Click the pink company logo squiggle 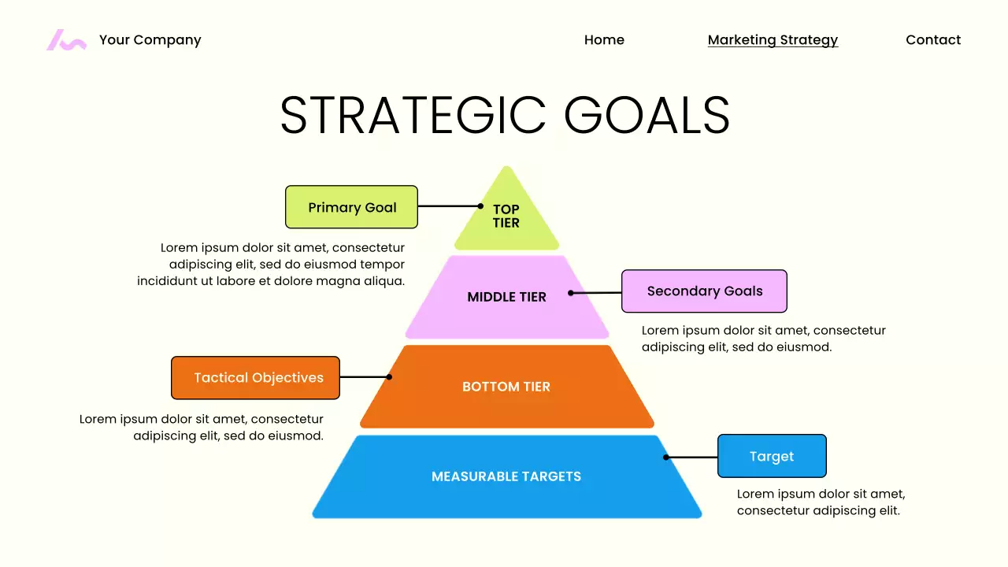coord(66,40)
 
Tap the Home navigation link coord(604,40)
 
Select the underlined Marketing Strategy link coord(773,40)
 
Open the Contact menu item coord(933,40)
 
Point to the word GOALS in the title coord(647,116)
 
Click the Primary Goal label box coord(351,207)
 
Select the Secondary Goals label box coord(704,291)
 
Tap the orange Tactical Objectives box coord(255,378)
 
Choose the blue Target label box coord(772,456)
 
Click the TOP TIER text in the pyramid coord(506,216)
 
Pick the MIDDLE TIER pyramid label coord(506,297)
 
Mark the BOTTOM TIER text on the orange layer coord(506,387)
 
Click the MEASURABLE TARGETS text coord(506,476)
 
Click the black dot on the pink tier coord(571,293)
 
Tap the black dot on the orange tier coord(389,377)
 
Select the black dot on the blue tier coord(665,457)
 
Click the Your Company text coord(150,40)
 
